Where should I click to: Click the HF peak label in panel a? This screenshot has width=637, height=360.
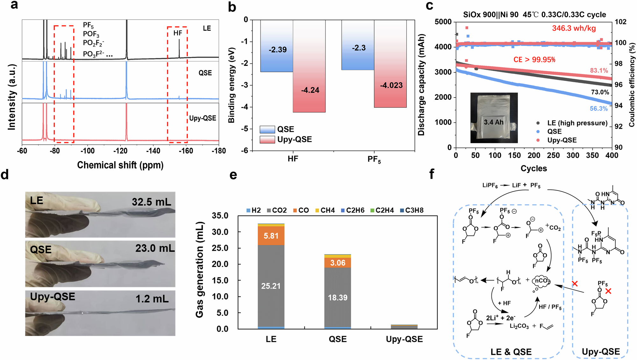pyautogui.click(x=178, y=33)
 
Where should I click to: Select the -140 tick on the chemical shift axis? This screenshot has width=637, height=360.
pyautogui.click(x=153, y=151)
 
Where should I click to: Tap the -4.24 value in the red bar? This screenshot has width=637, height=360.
pyautogui.click(x=310, y=90)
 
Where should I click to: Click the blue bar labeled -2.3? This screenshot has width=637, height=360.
pyautogui.click(x=358, y=48)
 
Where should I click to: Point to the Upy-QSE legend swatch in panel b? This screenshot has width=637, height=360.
pyautogui.click(x=267, y=140)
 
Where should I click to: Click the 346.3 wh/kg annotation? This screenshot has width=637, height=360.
pyautogui.click(x=574, y=28)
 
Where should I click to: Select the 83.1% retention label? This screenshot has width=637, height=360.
pyautogui.click(x=599, y=70)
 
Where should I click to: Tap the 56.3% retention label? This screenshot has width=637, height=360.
pyautogui.click(x=598, y=109)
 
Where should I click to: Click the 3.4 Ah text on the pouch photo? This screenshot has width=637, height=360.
pyautogui.click(x=493, y=122)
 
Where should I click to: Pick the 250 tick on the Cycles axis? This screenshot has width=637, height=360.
pyautogui.click(x=553, y=155)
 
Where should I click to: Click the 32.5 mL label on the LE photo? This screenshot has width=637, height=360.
pyautogui.click(x=151, y=202)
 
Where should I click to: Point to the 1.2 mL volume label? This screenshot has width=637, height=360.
pyautogui.click(x=152, y=299)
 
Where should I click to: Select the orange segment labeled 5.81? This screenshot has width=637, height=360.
pyautogui.click(x=271, y=236)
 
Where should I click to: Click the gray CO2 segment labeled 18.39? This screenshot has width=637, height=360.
pyautogui.click(x=338, y=298)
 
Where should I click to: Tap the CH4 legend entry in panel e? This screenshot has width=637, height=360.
pyautogui.click(x=325, y=210)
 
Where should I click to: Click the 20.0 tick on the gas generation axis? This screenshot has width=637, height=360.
pyautogui.click(x=220, y=264)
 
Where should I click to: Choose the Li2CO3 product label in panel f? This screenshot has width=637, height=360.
pyautogui.click(x=519, y=326)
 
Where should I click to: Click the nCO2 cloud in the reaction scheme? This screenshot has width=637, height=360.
pyautogui.click(x=542, y=281)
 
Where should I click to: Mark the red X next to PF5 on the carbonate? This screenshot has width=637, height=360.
pyautogui.click(x=608, y=291)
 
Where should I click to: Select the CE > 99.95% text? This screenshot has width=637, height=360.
pyautogui.click(x=534, y=60)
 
